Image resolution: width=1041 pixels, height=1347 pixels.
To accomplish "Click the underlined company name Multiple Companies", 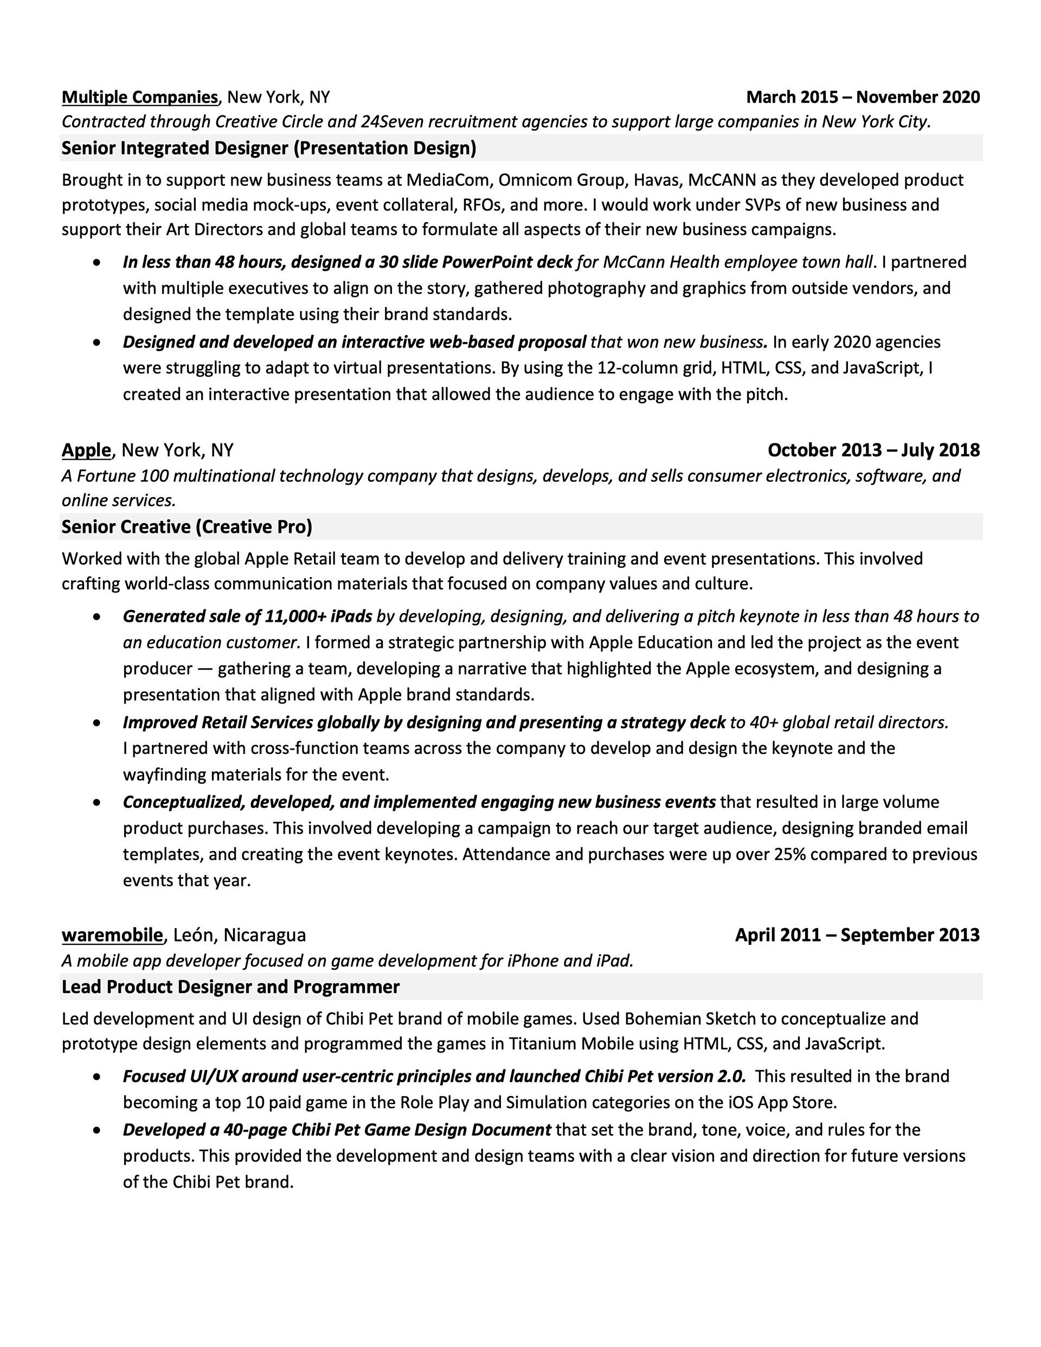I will point(139,98).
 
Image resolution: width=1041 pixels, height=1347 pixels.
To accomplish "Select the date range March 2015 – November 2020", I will point(863,98).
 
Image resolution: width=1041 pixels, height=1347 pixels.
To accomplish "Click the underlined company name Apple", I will point(86,450).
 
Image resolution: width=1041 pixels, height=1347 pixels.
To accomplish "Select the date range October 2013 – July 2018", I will point(873,450).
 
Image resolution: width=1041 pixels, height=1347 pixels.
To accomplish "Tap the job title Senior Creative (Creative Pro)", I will point(187,527).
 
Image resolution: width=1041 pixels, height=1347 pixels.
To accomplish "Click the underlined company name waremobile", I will point(112,935).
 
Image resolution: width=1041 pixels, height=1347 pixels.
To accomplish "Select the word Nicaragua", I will point(264,935).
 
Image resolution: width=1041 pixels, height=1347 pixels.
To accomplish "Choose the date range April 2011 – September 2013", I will point(857,935).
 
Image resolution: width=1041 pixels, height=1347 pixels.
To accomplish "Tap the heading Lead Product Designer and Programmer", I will point(230,987).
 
